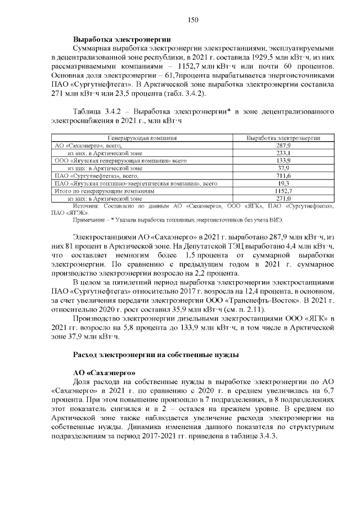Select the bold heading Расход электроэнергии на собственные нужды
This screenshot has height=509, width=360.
(157, 355)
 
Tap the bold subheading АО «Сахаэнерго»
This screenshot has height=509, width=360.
(104, 373)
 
